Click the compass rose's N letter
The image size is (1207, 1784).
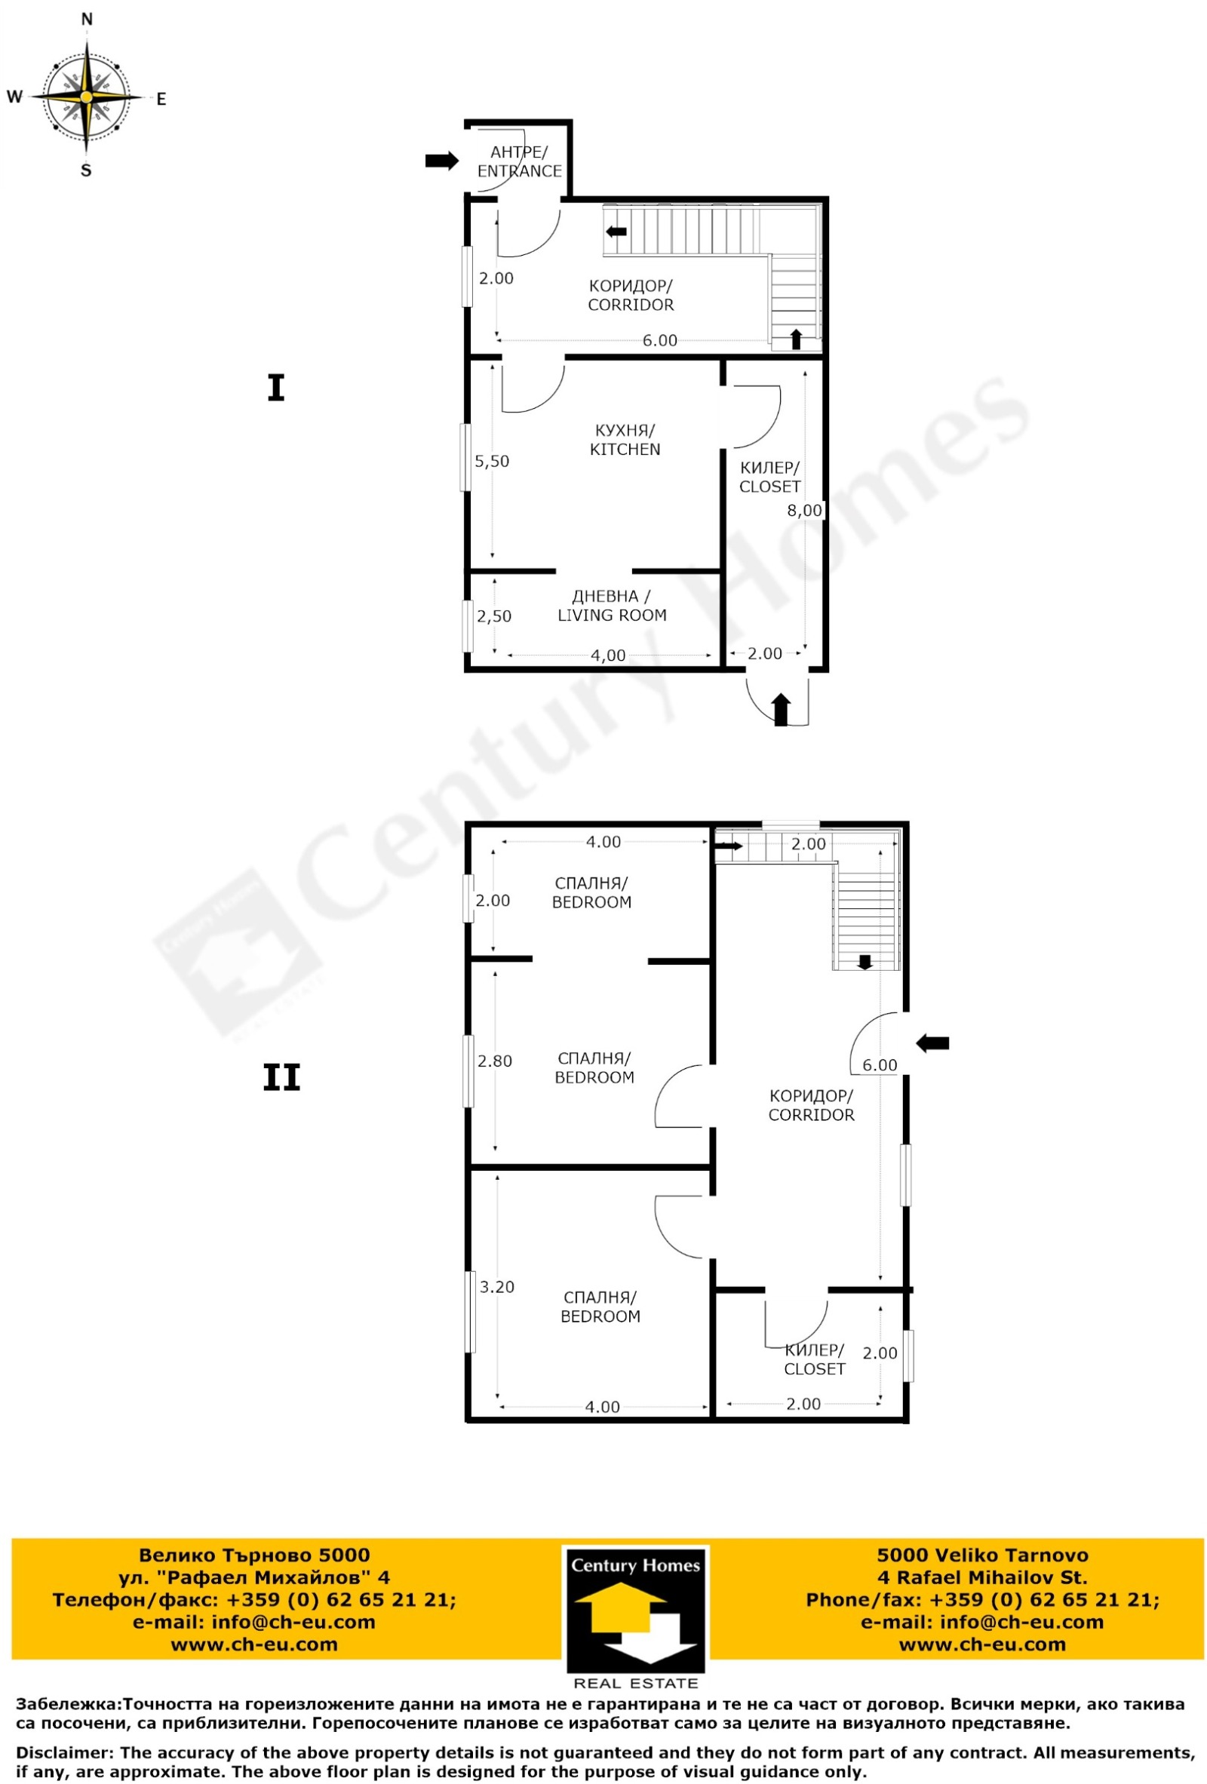(87, 19)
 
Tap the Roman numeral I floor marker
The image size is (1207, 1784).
(275, 388)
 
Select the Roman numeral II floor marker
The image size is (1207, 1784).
(281, 1078)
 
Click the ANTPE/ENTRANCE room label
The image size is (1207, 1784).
(519, 161)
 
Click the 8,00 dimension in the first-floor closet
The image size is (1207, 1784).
(804, 511)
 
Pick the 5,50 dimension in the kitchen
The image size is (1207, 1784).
(491, 462)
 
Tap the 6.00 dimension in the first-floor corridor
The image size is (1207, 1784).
(659, 340)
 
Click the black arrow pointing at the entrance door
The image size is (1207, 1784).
(441, 161)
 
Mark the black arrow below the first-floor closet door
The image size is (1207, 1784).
(781, 709)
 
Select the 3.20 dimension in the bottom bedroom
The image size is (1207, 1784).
(497, 1287)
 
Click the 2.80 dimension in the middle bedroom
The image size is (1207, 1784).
(494, 1061)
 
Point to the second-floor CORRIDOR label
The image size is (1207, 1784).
(811, 1105)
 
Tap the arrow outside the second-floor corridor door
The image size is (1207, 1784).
(932, 1043)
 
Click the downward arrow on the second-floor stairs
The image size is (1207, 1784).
(865, 962)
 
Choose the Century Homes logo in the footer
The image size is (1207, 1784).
(635, 1618)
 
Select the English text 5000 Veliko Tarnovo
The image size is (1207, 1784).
(982, 1555)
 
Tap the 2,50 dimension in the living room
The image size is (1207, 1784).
(493, 616)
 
